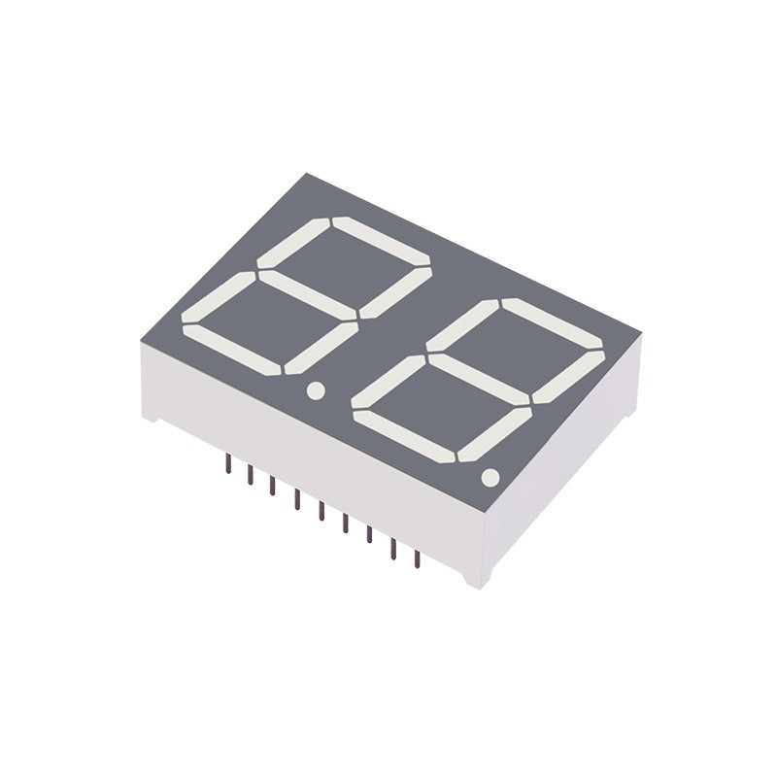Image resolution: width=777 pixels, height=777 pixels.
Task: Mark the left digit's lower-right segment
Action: [321, 347]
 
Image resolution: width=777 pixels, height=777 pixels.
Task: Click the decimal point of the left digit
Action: [314, 390]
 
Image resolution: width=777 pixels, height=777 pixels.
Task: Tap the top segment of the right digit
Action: [554, 321]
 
